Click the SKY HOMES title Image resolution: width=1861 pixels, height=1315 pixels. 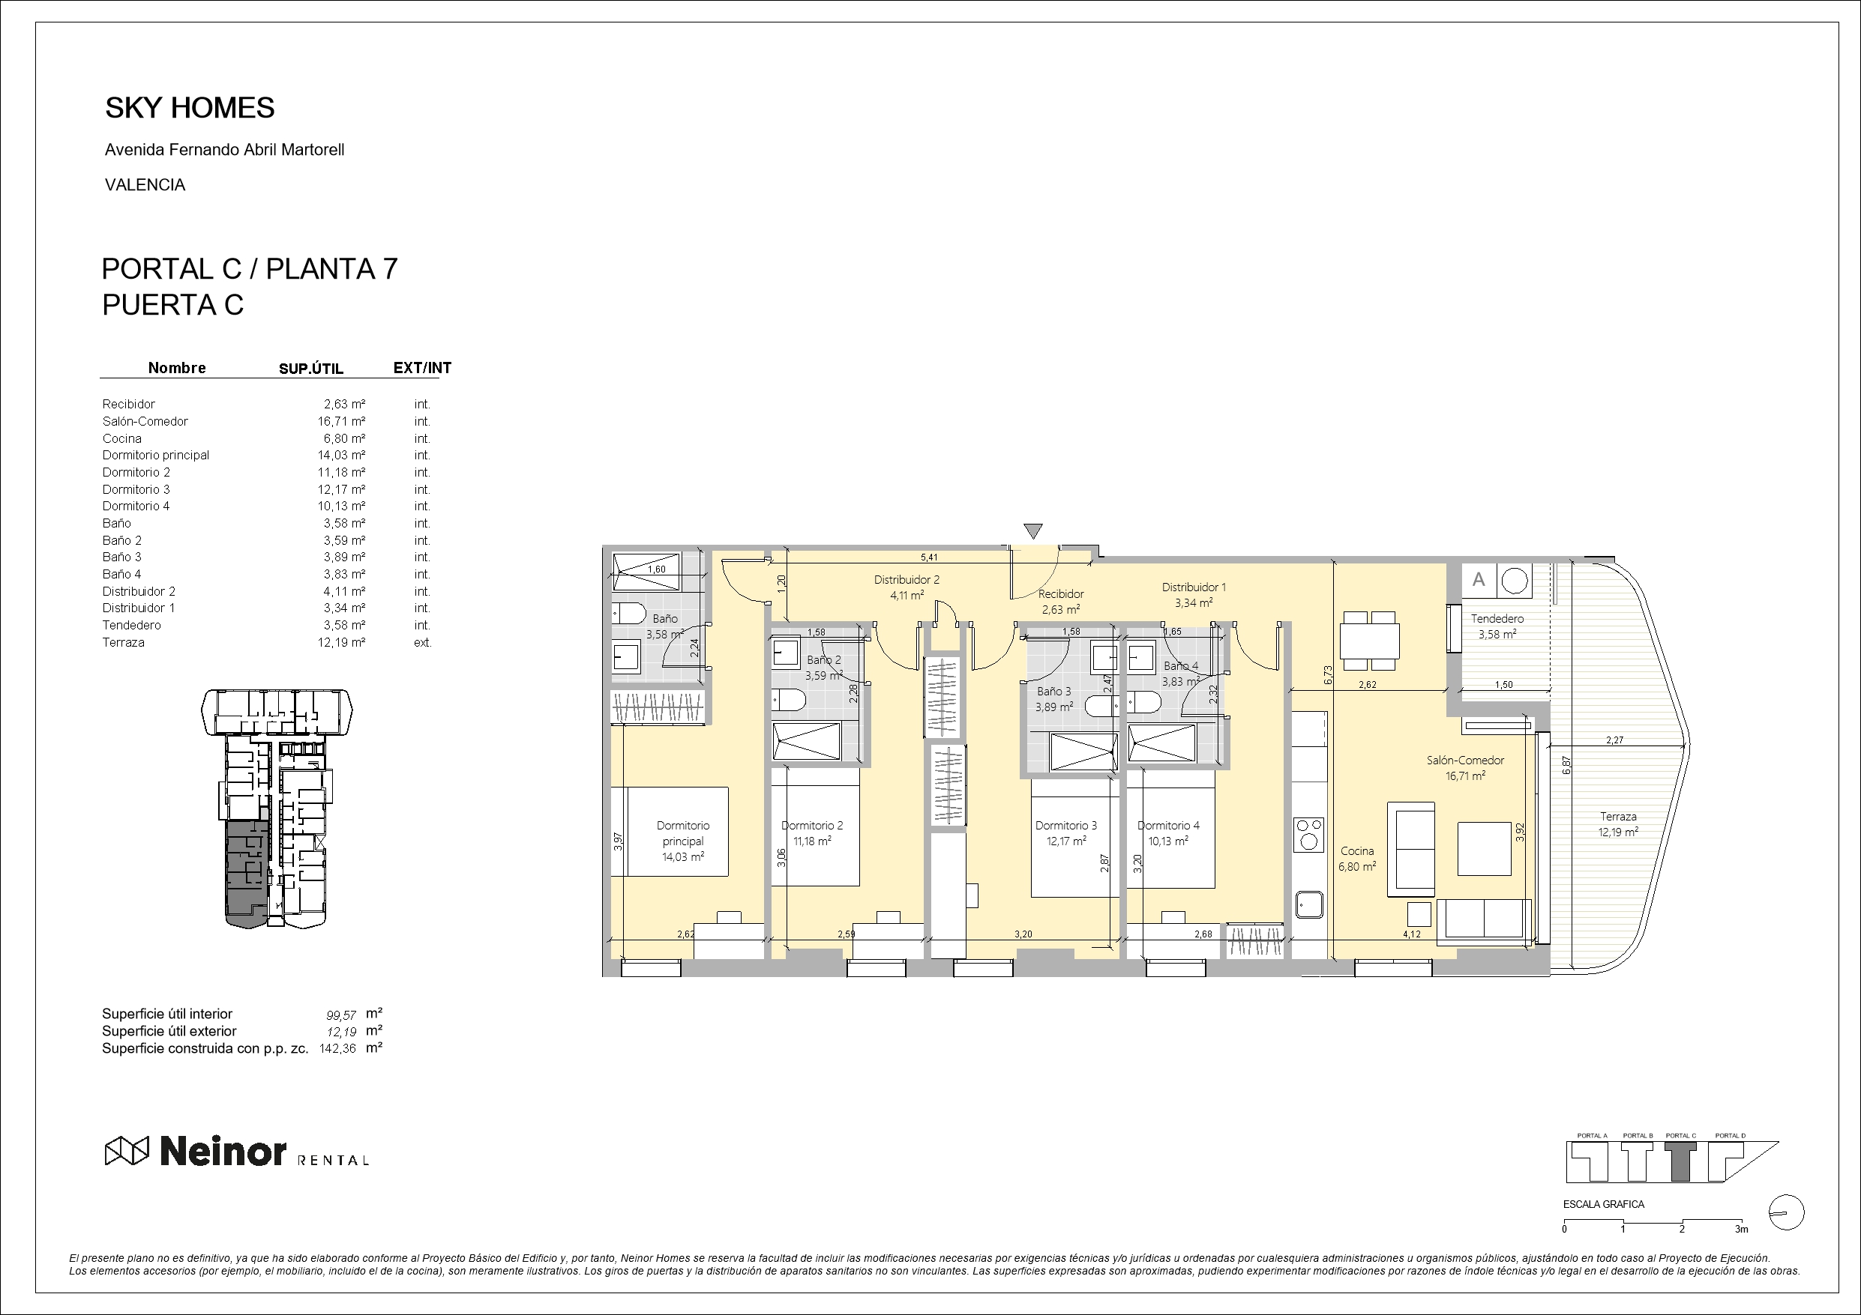tap(190, 108)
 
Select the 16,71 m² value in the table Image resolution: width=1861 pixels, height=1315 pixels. tap(341, 421)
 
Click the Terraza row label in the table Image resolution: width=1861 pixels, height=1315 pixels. tap(123, 642)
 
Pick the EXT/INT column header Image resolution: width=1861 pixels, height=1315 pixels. tap(421, 368)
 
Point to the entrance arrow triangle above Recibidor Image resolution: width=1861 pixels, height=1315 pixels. tap(1032, 530)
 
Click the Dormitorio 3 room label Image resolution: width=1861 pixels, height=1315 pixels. tap(1066, 826)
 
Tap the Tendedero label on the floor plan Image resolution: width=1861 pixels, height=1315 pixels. tap(1497, 618)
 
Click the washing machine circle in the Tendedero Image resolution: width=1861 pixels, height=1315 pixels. tap(1513, 580)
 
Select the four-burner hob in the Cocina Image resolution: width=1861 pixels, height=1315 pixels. tap(1308, 835)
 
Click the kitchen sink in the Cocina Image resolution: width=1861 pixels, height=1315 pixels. tap(1308, 904)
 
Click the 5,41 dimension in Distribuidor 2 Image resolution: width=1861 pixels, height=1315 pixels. tap(930, 557)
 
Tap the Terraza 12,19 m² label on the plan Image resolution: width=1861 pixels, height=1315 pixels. tap(1618, 824)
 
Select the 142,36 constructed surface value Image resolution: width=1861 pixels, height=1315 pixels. tap(338, 1048)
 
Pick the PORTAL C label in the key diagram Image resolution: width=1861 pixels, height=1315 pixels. tap(1680, 1136)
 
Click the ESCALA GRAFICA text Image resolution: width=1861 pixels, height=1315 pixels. tap(1603, 1204)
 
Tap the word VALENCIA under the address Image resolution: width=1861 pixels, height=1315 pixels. tap(145, 185)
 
